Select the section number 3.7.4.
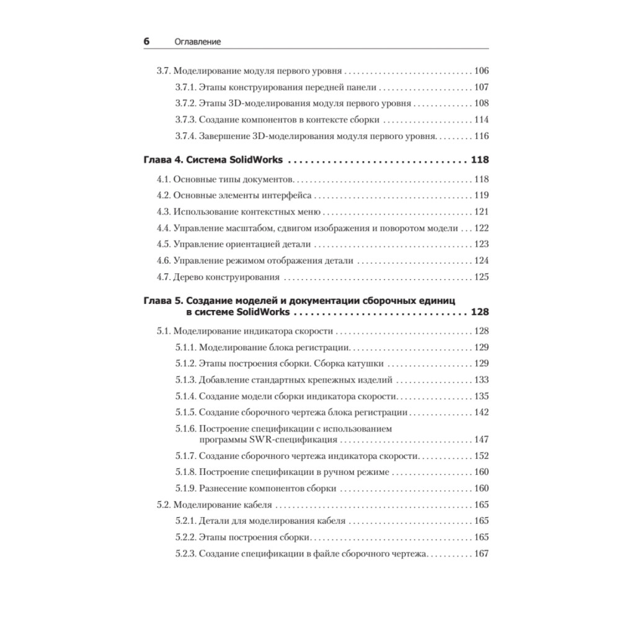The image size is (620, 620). [185, 136]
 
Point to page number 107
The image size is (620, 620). [480, 87]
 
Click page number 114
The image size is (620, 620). [480, 120]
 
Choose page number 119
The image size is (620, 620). [480, 196]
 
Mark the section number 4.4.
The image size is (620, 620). [164, 228]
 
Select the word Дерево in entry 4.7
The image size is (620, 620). [188, 277]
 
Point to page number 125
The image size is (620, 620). [480, 277]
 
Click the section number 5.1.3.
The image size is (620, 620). [185, 379]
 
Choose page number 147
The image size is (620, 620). [480, 440]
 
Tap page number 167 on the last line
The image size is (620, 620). [480, 554]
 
